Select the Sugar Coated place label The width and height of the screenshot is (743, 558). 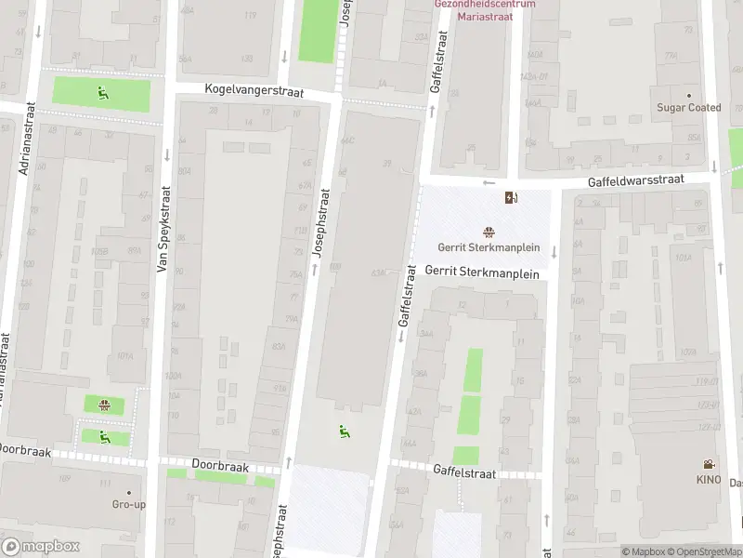689,108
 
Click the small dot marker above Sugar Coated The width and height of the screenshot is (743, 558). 689,95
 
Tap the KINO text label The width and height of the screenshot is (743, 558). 709,479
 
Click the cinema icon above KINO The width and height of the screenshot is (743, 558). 709,464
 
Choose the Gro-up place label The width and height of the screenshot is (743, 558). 128,504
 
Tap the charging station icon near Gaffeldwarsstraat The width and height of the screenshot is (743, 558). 510,197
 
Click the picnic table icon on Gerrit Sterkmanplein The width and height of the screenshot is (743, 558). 489,232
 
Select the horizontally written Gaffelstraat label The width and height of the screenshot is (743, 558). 464,473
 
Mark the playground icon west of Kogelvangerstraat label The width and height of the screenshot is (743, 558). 102,91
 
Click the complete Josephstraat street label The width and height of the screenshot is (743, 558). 322,224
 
